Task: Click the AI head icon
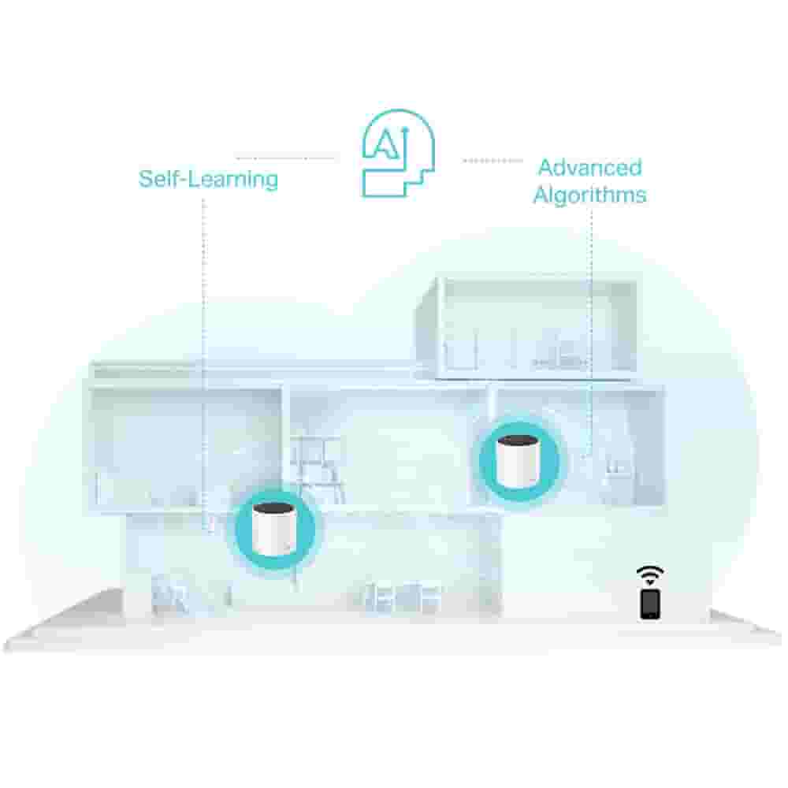[398, 153]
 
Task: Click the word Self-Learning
[208, 179]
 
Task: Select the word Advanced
[590, 167]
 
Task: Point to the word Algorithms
[590, 195]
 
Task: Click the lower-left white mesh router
[274, 529]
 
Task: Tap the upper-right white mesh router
[519, 462]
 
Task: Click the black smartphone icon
[650, 604]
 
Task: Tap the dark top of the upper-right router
[519, 442]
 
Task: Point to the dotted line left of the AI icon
[285, 158]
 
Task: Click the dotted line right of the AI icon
[492, 161]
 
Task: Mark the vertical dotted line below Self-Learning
[203, 364]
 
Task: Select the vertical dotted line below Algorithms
[591, 334]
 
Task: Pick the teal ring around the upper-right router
[519, 461]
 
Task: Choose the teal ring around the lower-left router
[275, 529]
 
